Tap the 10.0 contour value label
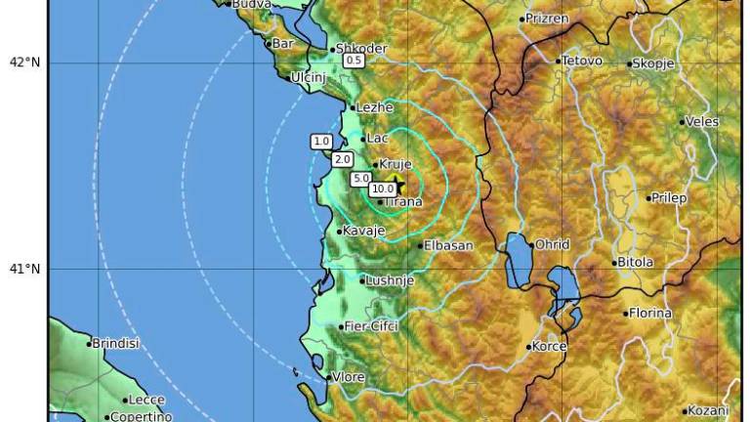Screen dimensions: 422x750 click(x=382, y=189)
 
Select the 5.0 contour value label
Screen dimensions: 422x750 click(x=360, y=178)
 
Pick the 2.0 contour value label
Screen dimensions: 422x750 click(x=342, y=158)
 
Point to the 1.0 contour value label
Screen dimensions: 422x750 click(x=320, y=141)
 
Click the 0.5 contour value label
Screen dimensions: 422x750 click(x=354, y=61)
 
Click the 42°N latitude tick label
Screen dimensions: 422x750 click(x=24, y=63)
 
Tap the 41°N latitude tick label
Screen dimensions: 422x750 click(x=24, y=269)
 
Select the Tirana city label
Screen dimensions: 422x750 click(x=404, y=202)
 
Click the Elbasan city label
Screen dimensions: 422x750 click(x=449, y=246)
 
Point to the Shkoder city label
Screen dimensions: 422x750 click(x=362, y=49)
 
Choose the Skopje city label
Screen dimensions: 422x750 click(x=653, y=63)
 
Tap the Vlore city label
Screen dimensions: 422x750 click(x=350, y=377)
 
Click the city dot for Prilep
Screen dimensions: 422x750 click(x=648, y=198)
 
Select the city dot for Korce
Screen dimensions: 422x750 click(x=529, y=347)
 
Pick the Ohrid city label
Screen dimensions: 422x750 click(x=552, y=244)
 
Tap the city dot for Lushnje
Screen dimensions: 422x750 click(x=362, y=281)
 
